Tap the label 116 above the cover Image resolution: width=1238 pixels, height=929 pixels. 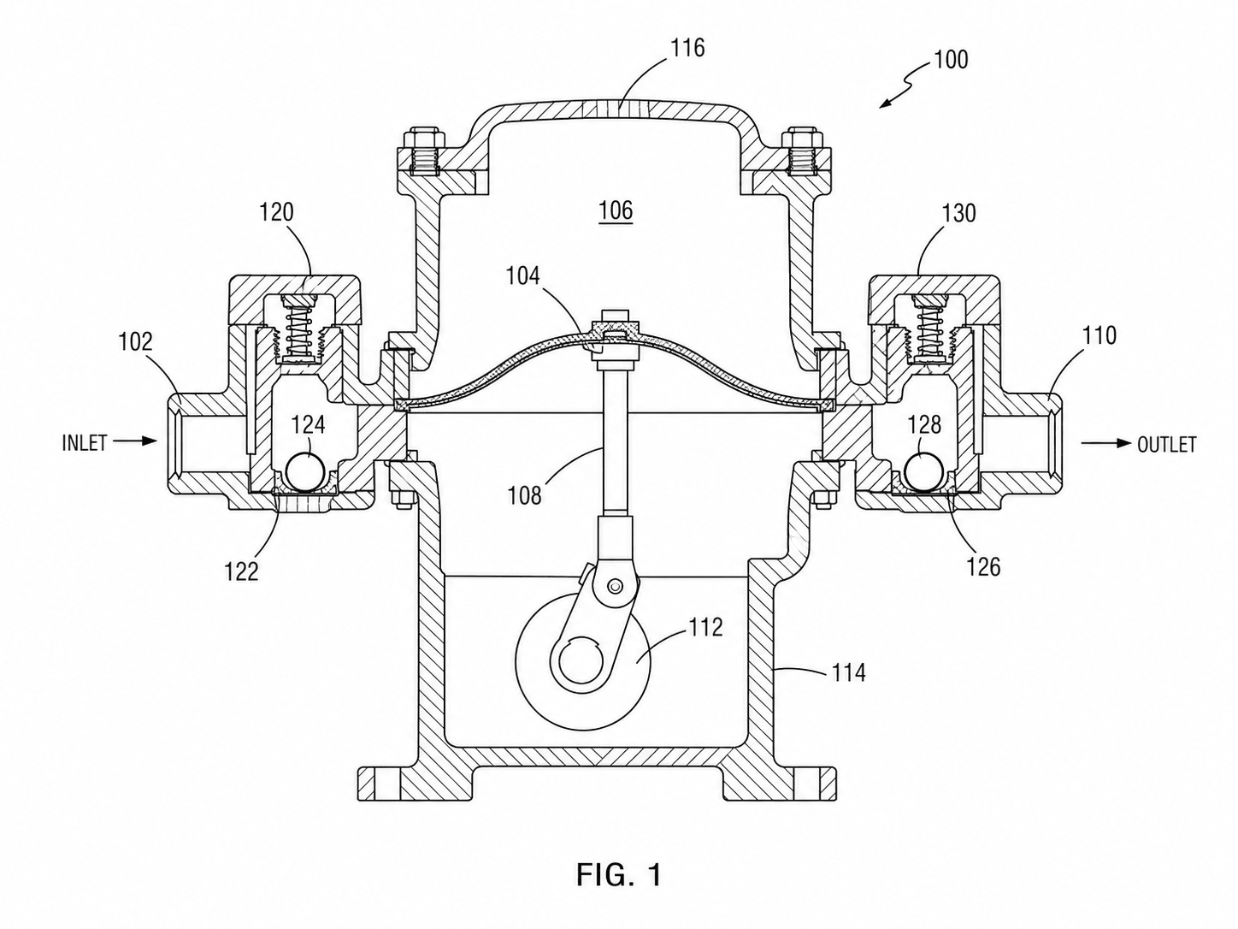(687, 48)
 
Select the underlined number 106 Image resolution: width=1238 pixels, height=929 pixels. (616, 210)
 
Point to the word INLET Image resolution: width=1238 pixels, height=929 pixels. (85, 443)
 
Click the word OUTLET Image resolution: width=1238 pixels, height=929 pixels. (1166, 445)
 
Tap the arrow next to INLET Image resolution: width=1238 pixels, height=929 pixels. (135, 441)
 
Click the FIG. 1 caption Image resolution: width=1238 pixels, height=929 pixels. (618, 875)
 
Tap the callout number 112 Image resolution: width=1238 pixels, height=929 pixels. (705, 627)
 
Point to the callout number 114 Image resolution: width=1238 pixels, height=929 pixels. (848, 672)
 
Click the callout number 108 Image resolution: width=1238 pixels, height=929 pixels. (524, 495)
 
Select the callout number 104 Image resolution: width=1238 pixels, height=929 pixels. (522, 275)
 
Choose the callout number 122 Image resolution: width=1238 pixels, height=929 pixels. (241, 571)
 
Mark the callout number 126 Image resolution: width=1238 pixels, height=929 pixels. (983, 567)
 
